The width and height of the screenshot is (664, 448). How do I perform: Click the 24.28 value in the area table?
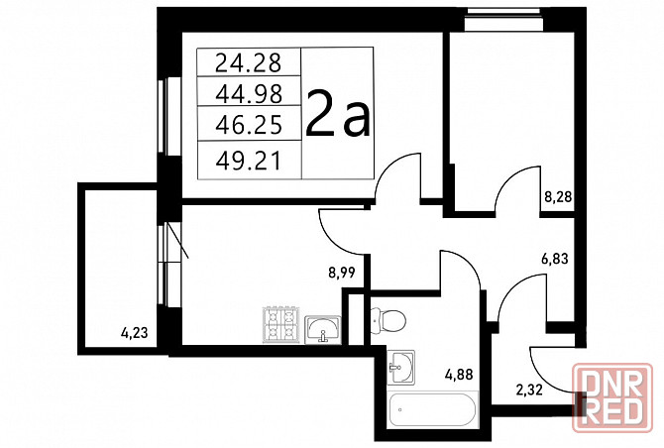click(248, 62)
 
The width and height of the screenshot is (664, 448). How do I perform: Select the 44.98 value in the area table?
click(249, 94)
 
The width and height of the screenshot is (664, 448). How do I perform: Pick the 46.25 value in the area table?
click(249, 125)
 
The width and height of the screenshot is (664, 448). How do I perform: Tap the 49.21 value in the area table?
click(248, 161)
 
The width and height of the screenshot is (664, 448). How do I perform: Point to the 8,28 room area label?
click(558, 197)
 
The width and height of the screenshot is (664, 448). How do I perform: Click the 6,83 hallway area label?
click(555, 259)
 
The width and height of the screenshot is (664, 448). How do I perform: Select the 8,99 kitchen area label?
click(341, 273)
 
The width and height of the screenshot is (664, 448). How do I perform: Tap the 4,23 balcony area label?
click(135, 333)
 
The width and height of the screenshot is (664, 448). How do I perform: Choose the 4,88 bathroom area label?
click(459, 375)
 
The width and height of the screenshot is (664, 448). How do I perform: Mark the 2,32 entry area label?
click(529, 390)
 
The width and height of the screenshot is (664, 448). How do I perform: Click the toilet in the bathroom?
click(387, 321)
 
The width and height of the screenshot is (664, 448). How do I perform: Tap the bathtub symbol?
click(433, 409)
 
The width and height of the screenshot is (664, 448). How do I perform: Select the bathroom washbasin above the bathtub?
click(400, 367)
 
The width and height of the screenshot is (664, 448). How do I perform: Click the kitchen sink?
click(323, 329)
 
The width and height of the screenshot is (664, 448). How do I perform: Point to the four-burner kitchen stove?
click(279, 324)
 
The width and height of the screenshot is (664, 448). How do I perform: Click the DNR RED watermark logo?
click(612, 397)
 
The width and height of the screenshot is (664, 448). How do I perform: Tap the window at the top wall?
click(503, 20)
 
